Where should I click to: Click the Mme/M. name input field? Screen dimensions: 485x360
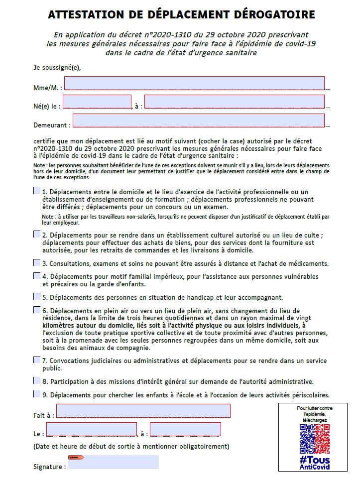click(x=194, y=83)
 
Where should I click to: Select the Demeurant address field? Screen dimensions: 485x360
click(x=198, y=121)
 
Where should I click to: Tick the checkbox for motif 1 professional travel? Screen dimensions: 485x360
click(x=37, y=191)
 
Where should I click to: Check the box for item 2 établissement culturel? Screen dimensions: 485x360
click(x=37, y=234)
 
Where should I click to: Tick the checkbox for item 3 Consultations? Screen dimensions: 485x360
click(x=37, y=262)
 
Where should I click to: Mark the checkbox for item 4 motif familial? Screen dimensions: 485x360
click(x=37, y=275)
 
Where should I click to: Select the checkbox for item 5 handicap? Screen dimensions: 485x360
click(x=37, y=297)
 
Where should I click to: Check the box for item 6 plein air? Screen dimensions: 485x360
click(x=37, y=310)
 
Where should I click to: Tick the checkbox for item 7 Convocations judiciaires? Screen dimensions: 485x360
click(x=37, y=360)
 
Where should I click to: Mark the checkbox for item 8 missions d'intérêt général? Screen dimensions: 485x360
click(x=37, y=381)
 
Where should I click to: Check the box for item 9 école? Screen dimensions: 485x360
click(x=37, y=394)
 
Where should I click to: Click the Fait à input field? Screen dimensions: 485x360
click(x=143, y=411)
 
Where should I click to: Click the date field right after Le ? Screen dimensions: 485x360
click(x=91, y=429)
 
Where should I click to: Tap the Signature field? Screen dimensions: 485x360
click(x=114, y=463)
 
